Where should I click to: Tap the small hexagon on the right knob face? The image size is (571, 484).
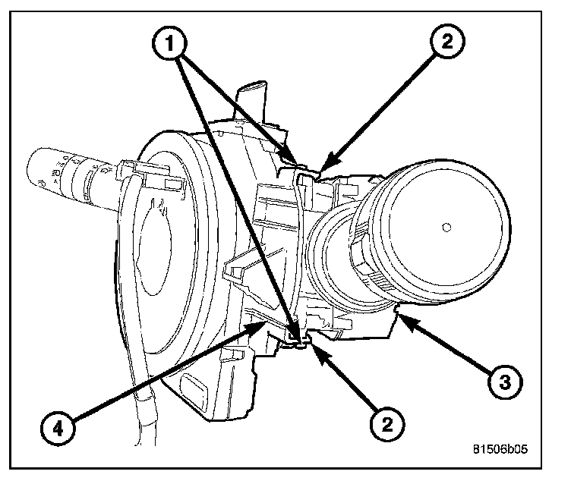pos(446,226)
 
